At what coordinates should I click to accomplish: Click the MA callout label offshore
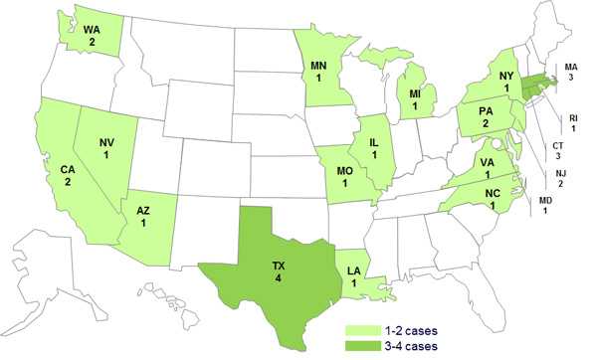pos(570,67)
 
